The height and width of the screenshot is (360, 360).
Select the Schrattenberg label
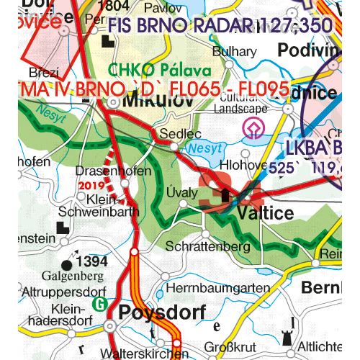point(207,246)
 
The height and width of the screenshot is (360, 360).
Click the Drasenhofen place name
point(114,171)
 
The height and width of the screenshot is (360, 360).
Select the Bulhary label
point(234,52)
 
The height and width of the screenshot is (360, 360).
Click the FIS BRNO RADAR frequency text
point(221,26)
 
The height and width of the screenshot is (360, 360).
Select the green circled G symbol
point(102,303)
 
